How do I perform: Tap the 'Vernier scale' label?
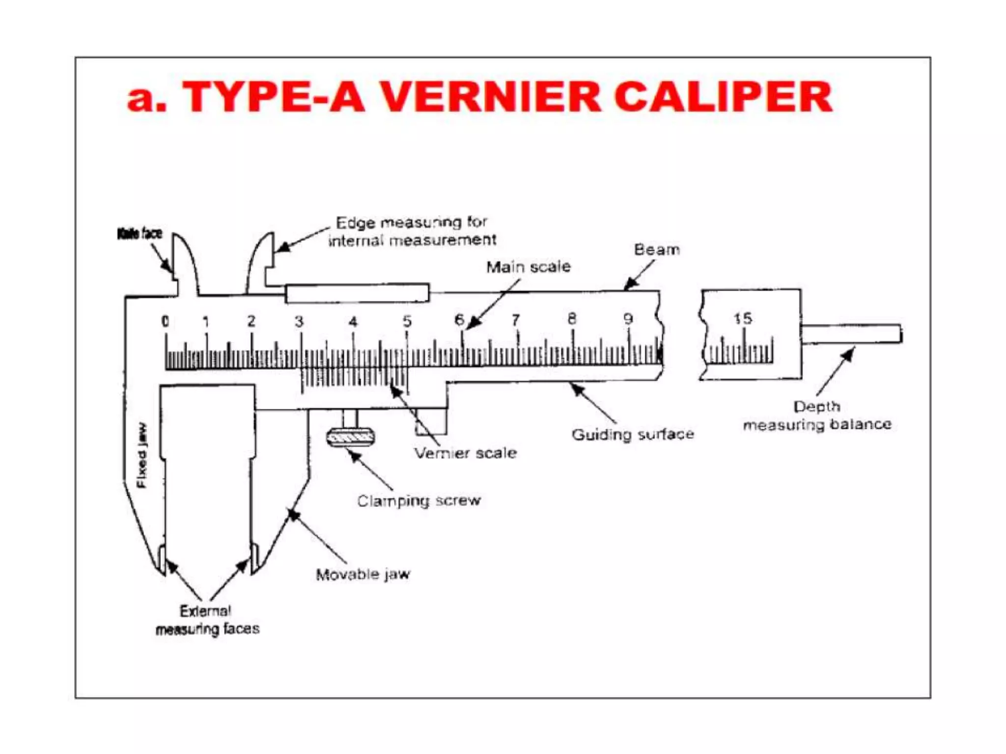(465, 453)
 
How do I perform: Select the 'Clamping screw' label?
(419, 501)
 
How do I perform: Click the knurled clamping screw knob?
(350, 437)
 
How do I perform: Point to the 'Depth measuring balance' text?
(817, 415)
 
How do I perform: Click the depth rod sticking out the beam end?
(852, 334)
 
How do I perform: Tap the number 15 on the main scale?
(743, 319)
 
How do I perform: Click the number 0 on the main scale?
(165, 322)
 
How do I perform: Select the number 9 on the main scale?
(628, 320)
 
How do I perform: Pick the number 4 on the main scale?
(353, 322)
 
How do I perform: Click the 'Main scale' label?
(528, 267)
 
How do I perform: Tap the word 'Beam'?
(657, 250)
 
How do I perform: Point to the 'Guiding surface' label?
(633, 434)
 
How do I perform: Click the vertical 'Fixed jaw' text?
(141, 456)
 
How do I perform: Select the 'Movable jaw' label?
(363, 574)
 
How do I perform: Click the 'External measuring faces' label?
(207, 620)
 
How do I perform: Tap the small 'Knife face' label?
(140, 234)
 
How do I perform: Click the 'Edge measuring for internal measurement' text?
(412, 231)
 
